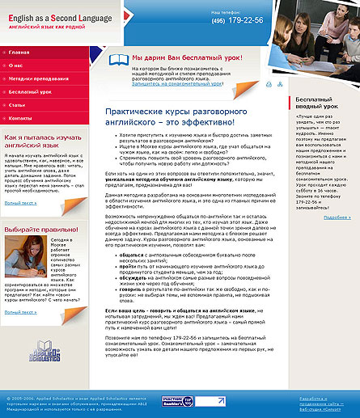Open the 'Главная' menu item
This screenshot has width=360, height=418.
pyautogui.click(x=19, y=52)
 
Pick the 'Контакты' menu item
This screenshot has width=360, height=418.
pyautogui.click(x=22, y=119)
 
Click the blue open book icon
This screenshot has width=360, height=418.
pyautogui.click(x=117, y=59)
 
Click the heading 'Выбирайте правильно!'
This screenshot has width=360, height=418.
pyautogui.click(x=40, y=230)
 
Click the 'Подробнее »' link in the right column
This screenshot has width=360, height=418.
pyautogui.click(x=337, y=217)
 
